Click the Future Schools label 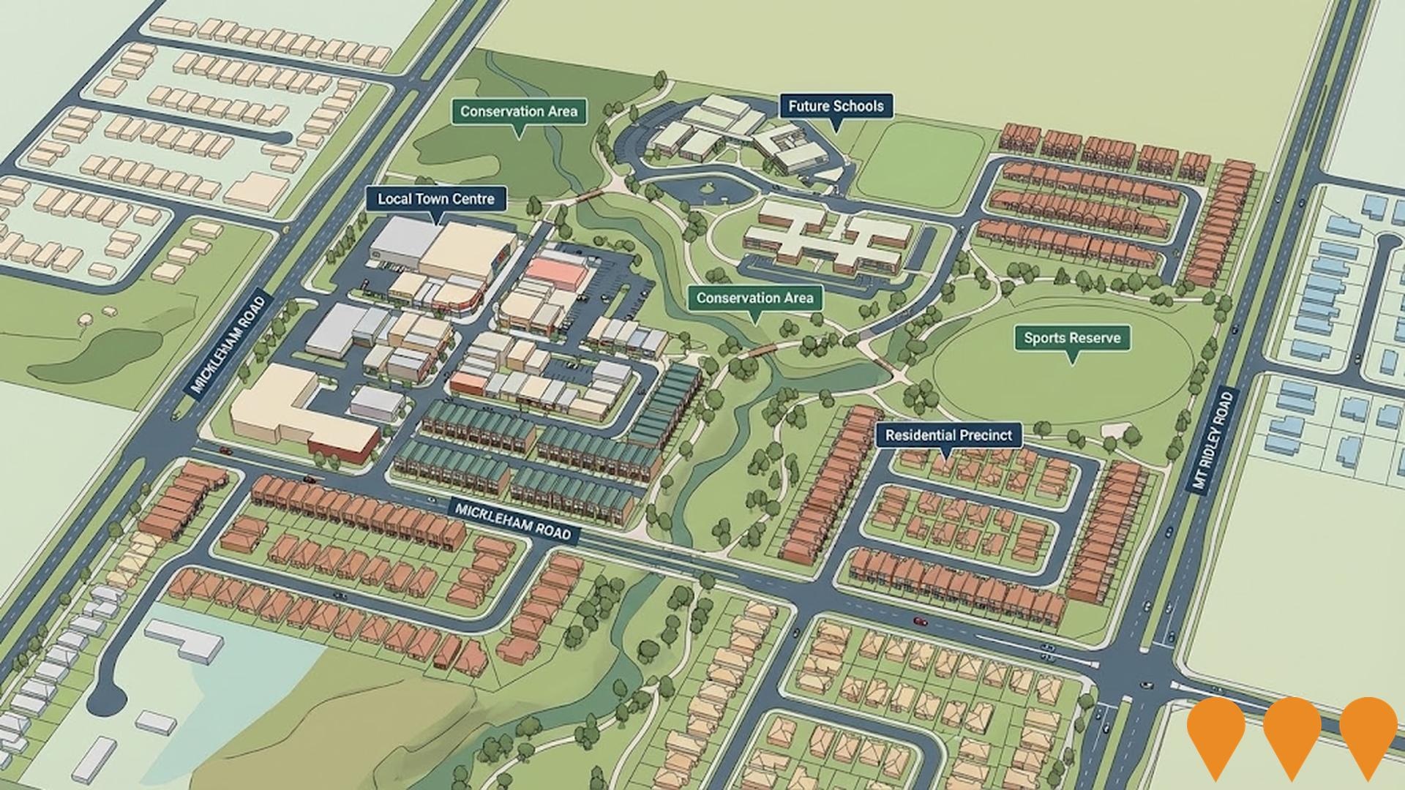point(836,107)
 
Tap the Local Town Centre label point(435,199)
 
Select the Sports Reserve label point(1071,339)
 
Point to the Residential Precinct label point(948,436)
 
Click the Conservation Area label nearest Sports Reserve point(754,298)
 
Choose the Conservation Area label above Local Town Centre point(519,112)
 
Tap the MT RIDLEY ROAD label point(1212,443)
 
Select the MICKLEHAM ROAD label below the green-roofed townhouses point(512,520)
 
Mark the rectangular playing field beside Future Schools point(921,167)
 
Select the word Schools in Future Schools point(857,107)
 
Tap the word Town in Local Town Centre point(437,199)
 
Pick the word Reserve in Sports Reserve point(1093,339)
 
